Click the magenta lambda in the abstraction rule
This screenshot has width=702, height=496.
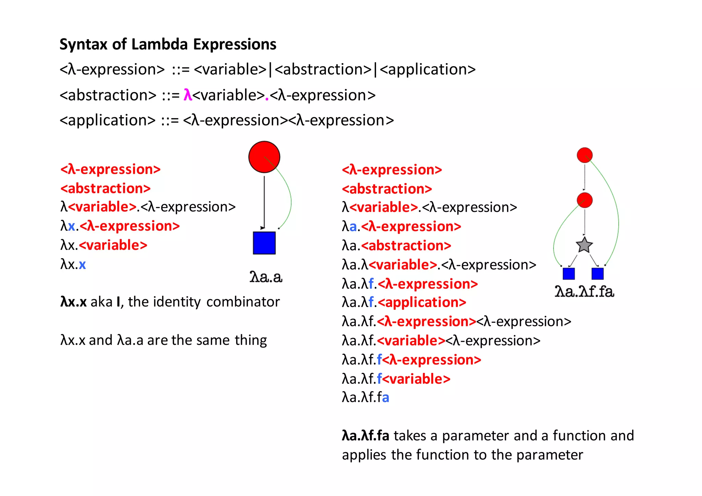(x=187, y=95)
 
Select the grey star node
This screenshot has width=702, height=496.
(x=584, y=245)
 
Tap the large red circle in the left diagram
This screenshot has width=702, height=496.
(x=264, y=157)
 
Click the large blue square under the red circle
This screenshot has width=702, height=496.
(x=264, y=243)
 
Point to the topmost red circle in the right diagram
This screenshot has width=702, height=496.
(x=584, y=155)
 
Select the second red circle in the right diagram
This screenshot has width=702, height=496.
(x=584, y=200)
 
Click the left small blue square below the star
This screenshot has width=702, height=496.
(x=569, y=274)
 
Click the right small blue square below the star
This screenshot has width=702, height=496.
(x=597, y=274)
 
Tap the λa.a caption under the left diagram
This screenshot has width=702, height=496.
(x=266, y=277)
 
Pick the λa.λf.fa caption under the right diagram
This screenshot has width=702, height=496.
(x=584, y=292)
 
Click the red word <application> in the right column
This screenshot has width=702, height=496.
(x=422, y=302)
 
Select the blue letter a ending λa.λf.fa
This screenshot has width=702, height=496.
(x=385, y=398)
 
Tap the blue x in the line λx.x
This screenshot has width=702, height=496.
(x=82, y=265)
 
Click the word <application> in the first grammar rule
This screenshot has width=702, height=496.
(x=427, y=70)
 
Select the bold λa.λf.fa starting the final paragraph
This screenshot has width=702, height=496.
(x=365, y=436)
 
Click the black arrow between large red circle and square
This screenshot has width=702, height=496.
(x=264, y=202)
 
